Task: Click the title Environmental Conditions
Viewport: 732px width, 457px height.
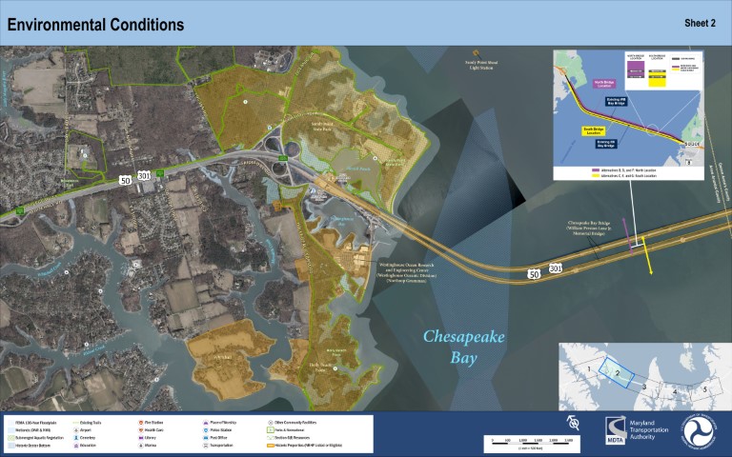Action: [95, 24]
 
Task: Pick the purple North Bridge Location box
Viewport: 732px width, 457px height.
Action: [606, 83]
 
